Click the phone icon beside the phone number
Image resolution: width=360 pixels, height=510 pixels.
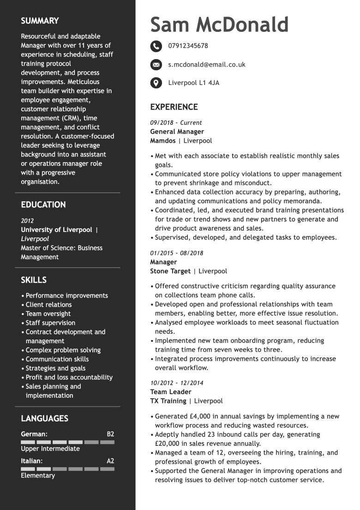(156, 46)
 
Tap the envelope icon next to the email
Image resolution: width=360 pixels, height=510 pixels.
(156, 65)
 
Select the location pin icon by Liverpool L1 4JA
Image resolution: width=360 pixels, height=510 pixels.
(156, 83)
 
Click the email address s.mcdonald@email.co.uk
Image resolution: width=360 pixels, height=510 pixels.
(206, 65)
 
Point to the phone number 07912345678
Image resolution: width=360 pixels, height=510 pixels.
(188, 46)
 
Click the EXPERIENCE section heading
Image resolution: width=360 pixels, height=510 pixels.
(174, 107)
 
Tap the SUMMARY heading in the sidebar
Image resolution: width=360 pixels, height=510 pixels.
(40, 21)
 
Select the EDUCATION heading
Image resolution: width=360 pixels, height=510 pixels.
(43, 205)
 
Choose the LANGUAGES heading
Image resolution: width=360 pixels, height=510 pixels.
(44, 419)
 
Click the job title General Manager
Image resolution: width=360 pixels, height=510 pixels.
(177, 132)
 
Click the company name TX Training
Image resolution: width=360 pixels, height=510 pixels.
(168, 401)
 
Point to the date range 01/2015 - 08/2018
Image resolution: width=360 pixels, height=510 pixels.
(176, 253)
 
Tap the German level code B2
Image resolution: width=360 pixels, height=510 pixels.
(110, 434)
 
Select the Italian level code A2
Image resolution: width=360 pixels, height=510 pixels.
(110, 461)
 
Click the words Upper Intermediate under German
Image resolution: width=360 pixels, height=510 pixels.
(50, 449)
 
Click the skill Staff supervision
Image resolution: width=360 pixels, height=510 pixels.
(50, 323)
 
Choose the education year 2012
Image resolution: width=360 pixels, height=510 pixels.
(27, 221)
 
